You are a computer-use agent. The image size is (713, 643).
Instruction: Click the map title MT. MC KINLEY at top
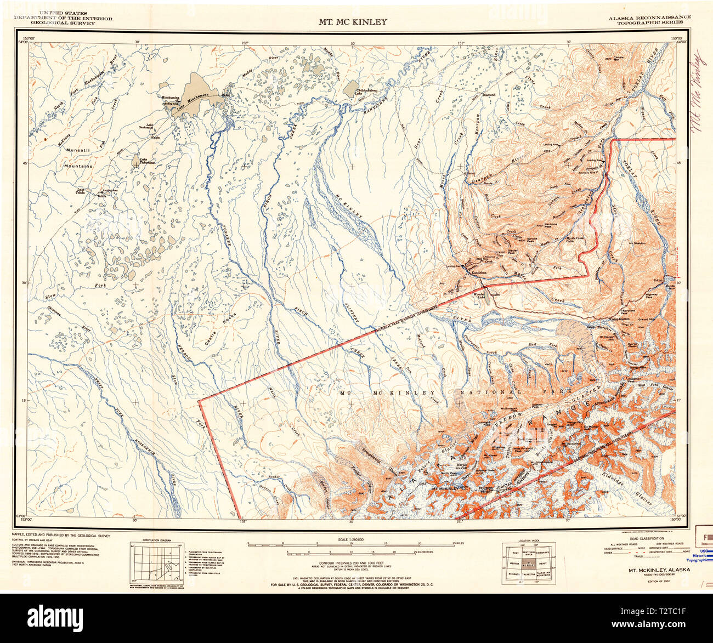point(353,22)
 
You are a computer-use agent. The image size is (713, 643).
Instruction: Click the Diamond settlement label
point(489,94)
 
